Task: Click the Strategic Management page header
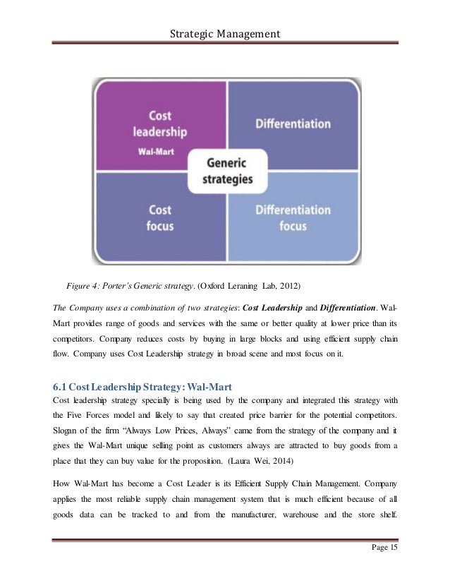[x=225, y=33]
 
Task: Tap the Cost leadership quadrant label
[x=159, y=123]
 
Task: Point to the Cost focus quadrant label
[x=160, y=217]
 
